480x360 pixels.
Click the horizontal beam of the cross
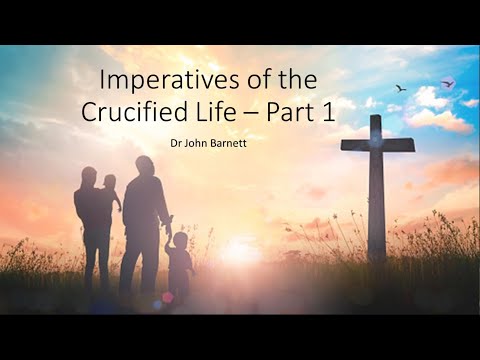coord(377,145)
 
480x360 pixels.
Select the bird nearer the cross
coord(401,88)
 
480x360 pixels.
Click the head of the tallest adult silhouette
coord(145,166)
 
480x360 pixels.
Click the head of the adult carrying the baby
coord(88,176)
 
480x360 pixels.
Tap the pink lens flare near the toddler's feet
coord(167,297)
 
